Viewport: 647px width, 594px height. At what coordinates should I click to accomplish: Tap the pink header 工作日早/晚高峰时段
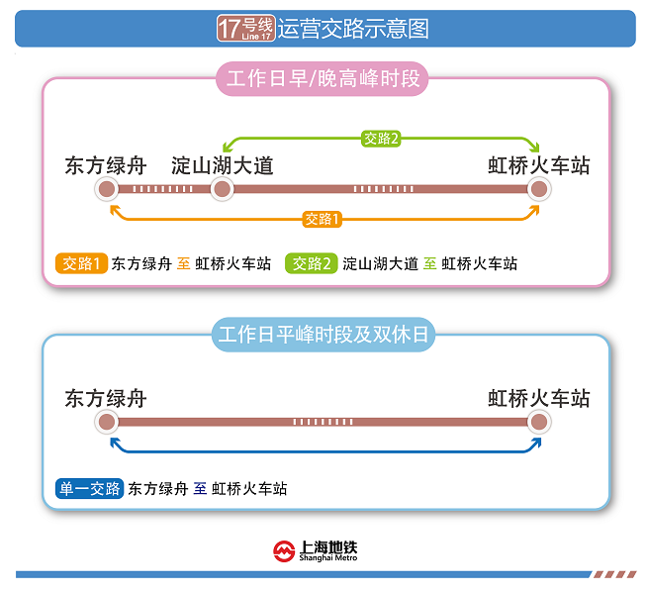(x=323, y=80)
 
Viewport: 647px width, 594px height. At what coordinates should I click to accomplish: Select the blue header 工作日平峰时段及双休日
(x=323, y=336)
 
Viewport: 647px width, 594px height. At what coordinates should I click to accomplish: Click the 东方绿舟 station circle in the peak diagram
(x=108, y=189)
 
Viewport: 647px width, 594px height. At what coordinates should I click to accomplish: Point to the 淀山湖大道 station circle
(x=222, y=189)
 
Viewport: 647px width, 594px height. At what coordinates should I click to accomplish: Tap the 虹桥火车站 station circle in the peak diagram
(x=538, y=189)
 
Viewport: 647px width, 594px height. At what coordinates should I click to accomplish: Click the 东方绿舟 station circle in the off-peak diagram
(x=108, y=423)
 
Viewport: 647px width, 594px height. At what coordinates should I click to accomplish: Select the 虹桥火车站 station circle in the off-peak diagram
(x=538, y=423)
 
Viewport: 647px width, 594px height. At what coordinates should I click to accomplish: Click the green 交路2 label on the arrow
(x=381, y=139)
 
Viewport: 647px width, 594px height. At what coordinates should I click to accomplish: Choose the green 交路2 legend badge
(x=311, y=263)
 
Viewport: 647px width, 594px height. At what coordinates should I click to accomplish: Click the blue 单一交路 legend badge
(x=90, y=488)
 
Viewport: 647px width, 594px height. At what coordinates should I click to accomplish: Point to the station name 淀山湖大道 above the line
(x=222, y=163)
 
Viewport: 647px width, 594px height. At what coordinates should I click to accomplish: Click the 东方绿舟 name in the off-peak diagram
(x=106, y=398)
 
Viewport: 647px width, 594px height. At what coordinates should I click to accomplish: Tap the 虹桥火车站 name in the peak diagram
(x=538, y=163)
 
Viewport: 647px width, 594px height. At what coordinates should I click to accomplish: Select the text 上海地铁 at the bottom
(x=328, y=546)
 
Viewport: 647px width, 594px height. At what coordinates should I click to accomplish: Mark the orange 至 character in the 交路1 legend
(x=183, y=264)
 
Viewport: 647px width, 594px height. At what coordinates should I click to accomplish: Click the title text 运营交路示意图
(x=353, y=29)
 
